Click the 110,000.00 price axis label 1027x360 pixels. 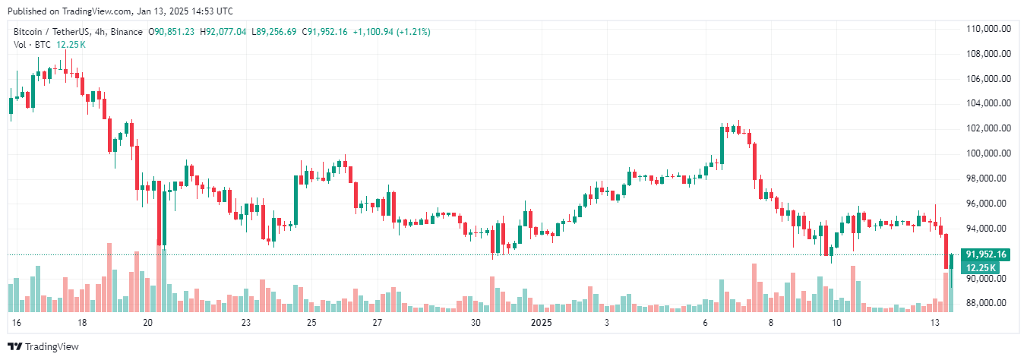point(988,29)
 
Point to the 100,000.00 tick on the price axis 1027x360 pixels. point(988,153)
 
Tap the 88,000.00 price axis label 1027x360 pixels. point(988,303)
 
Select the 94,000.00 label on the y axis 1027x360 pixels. point(988,229)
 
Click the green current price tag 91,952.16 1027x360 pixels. point(985,254)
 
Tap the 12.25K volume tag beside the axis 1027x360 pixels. point(981,267)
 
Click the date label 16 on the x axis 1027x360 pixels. point(17,323)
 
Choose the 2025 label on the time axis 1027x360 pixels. point(541,323)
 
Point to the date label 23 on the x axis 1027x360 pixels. point(246,323)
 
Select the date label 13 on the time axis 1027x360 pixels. point(936,323)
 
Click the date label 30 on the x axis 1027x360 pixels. point(476,323)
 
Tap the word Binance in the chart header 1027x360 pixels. point(127,32)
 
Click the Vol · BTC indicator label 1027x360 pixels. point(33,45)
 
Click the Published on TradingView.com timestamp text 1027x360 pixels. point(120,11)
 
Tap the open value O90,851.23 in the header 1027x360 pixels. point(172,32)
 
